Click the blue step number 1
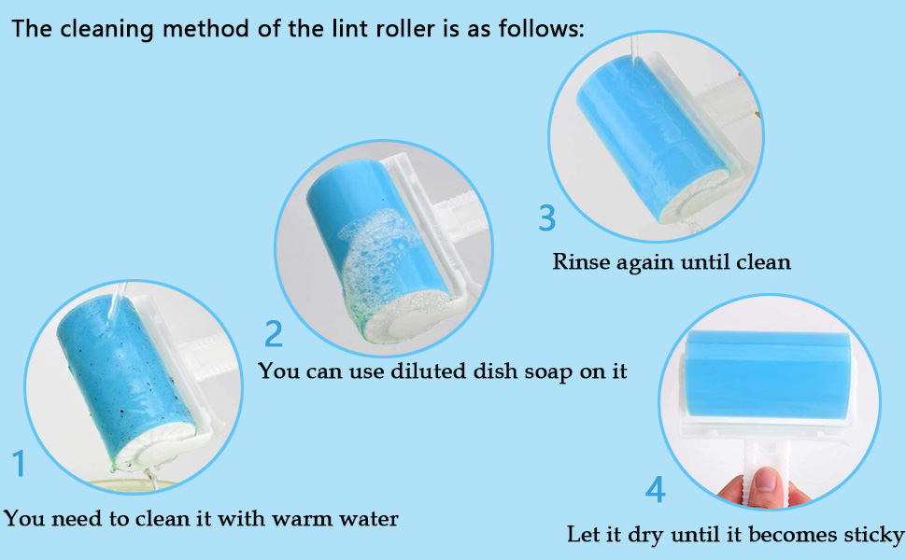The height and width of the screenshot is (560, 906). click(x=20, y=464)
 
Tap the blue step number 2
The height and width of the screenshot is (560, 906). click(x=274, y=334)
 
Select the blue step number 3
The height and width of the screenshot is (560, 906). click(x=547, y=217)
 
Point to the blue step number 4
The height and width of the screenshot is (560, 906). click(x=656, y=490)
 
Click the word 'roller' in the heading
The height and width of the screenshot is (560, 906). click(x=404, y=28)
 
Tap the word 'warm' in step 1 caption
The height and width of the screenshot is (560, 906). click(x=303, y=518)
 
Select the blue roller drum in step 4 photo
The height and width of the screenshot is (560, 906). click(x=768, y=374)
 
